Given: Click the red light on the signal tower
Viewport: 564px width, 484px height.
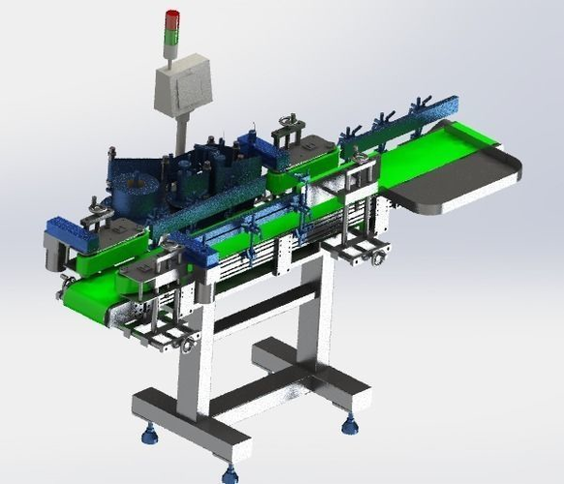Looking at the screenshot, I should (x=172, y=16).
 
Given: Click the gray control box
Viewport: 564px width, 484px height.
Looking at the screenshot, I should (x=182, y=85).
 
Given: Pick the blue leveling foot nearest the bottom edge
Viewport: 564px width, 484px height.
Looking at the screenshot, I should (x=230, y=473).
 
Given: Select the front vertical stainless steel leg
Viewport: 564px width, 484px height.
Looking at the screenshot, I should (x=194, y=358).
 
